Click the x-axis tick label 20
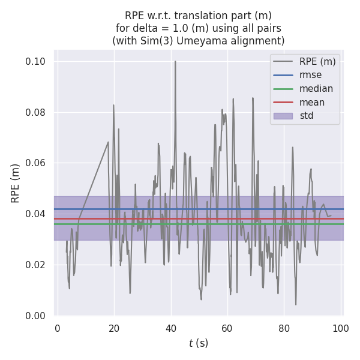(x=114, y=328)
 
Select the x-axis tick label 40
(x=170, y=328)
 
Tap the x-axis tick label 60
(x=227, y=328)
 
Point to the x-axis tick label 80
(x=284, y=328)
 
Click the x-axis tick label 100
(x=341, y=328)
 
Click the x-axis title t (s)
(x=199, y=343)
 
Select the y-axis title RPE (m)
(x=16, y=184)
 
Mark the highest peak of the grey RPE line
(x=175, y=61)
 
